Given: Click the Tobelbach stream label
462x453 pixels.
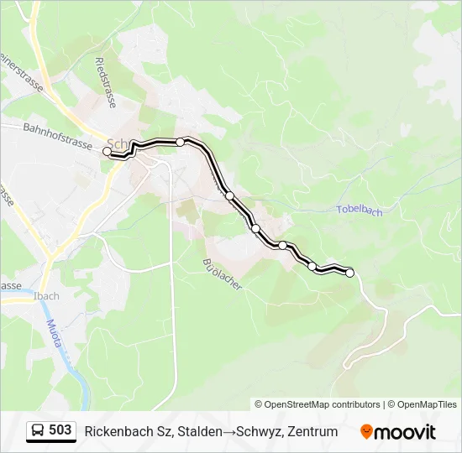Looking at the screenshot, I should (x=359, y=211).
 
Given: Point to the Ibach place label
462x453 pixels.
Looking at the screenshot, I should (x=47, y=296).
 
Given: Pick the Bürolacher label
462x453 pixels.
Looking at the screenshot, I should (x=223, y=275).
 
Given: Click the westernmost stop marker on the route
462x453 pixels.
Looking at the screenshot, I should (x=107, y=151).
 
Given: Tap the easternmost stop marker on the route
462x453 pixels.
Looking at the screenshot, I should (x=350, y=272).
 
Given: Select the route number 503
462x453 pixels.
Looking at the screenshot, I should (x=60, y=430).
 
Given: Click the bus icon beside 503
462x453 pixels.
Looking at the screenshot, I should (x=37, y=431).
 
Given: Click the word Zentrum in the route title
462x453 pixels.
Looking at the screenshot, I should (x=312, y=432).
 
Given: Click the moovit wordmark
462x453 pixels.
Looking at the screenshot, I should (x=405, y=432).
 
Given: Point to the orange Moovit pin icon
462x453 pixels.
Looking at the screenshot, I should (x=366, y=432).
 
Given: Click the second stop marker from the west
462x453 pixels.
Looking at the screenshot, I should (x=180, y=142).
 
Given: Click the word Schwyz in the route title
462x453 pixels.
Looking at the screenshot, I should (x=258, y=432).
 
